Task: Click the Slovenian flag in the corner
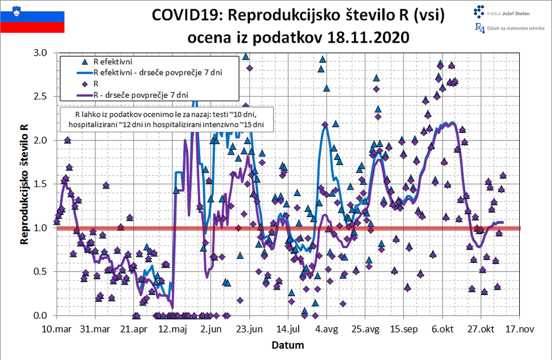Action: tap(32, 17)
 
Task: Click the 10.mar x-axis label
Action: tap(57, 330)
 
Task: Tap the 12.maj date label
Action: tap(172, 330)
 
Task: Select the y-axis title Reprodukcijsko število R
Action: tap(24, 184)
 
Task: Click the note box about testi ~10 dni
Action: tap(166, 119)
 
